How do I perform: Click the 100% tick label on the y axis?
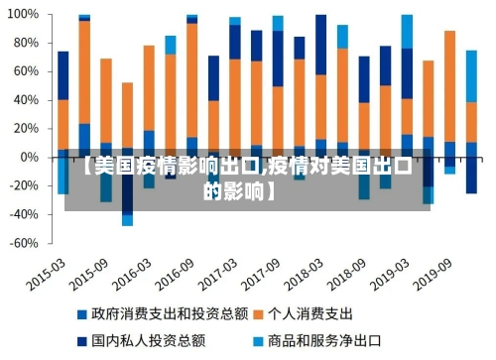(x=24, y=16)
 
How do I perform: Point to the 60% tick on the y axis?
(x=27, y=72)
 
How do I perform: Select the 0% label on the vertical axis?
(x=31, y=158)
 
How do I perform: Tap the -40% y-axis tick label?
(x=24, y=214)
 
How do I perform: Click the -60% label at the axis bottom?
(x=24, y=243)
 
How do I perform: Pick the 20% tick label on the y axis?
(x=27, y=129)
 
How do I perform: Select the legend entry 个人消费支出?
(x=319, y=313)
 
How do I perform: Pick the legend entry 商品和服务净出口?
(x=333, y=340)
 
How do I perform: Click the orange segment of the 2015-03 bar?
(x=63, y=124)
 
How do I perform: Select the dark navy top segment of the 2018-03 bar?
(x=320, y=45)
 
